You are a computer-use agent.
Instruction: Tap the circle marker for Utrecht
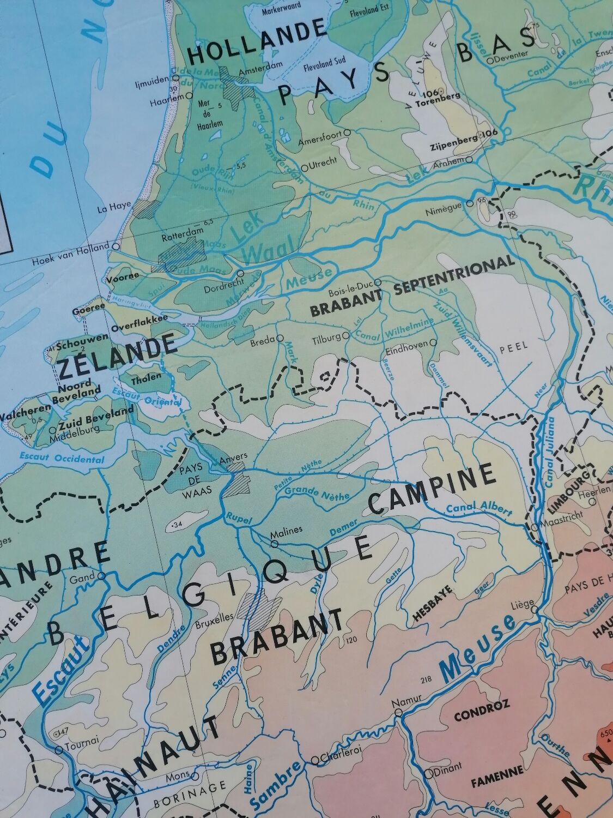(x=305, y=167)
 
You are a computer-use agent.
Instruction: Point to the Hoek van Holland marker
(x=116, y=246)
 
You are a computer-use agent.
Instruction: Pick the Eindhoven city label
(x=406, y=351)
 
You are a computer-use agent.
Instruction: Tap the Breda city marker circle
(x=280, y=338)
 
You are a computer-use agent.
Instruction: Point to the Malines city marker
(x=275, y=544)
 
